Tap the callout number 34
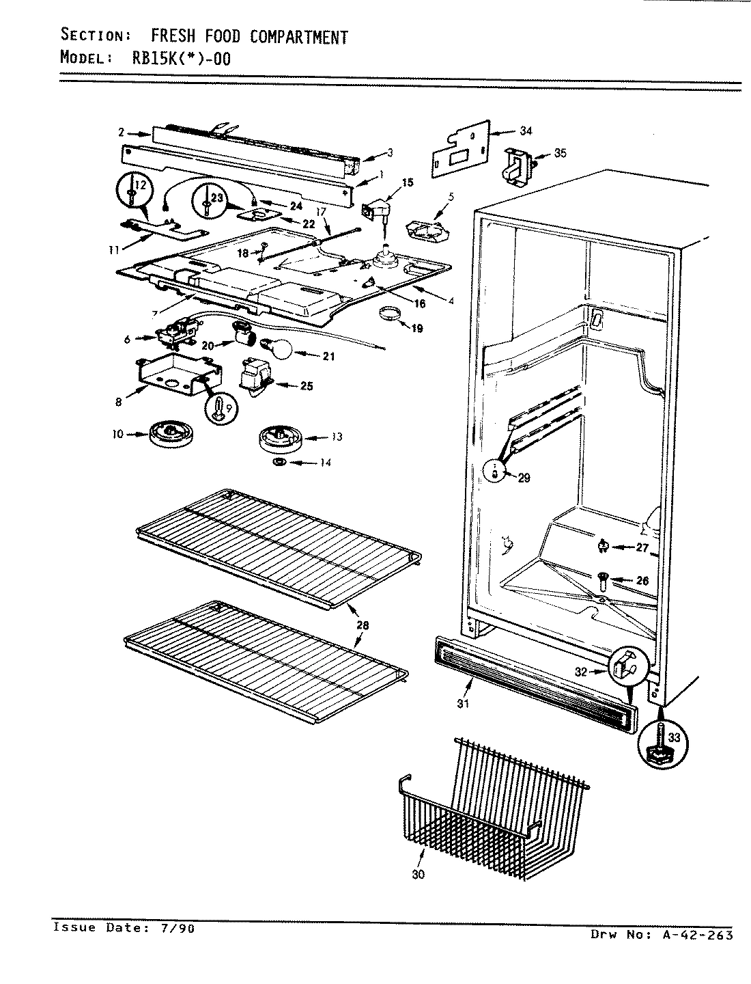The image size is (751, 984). pos(526,131)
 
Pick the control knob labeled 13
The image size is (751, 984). pos(280,437)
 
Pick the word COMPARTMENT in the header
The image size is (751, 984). pos(298,37)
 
